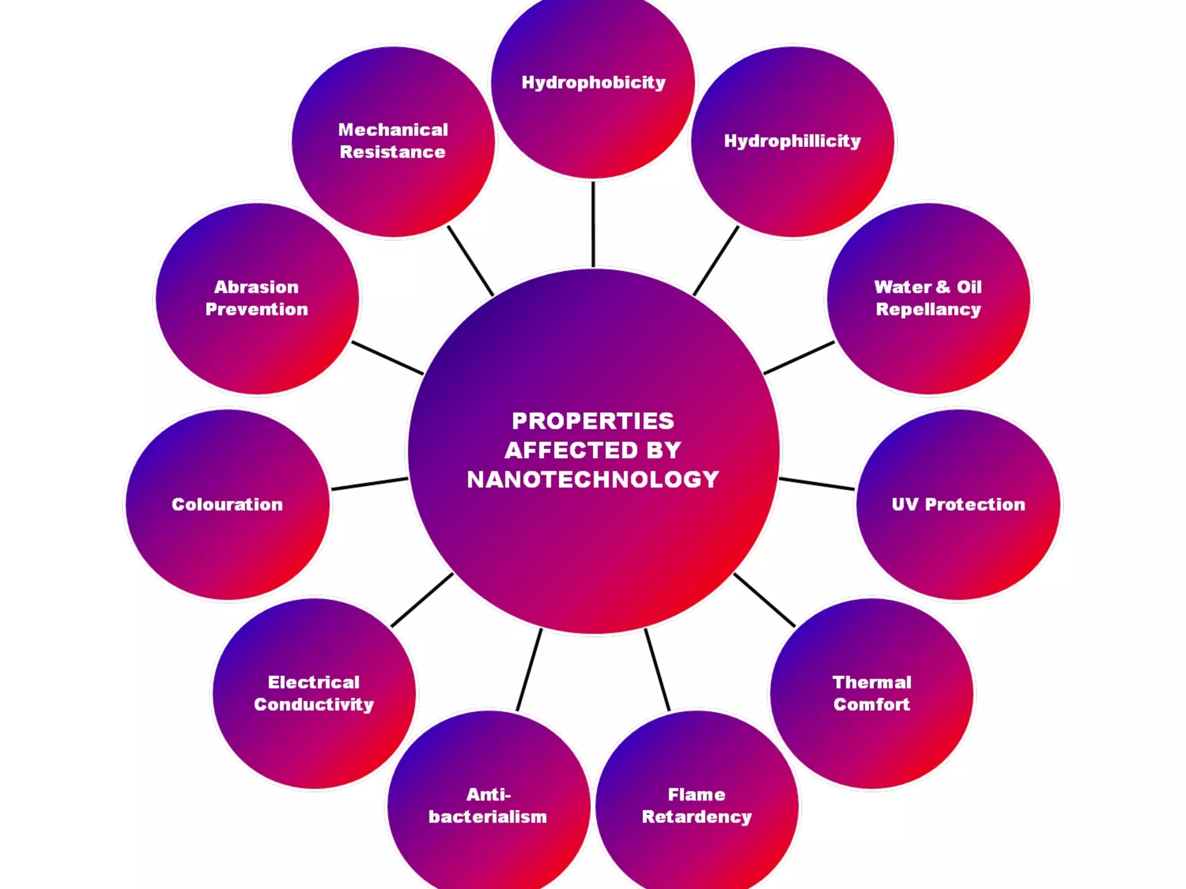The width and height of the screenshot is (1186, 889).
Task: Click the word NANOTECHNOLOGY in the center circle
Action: click(593, 480)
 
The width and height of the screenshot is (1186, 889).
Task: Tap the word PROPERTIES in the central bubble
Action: click(593, 421)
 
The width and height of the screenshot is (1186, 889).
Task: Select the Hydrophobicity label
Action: click(594, 83)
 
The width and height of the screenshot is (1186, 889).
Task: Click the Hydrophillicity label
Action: click(792, 141)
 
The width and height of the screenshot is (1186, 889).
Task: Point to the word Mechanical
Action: click(393, 130)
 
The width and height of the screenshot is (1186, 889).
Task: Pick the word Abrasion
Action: click(257, 287)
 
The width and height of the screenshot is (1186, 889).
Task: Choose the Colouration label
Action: click(227, 505)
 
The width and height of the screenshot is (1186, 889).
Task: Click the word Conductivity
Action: click(314, 704)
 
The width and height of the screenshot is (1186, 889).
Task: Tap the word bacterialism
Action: click(488, 817)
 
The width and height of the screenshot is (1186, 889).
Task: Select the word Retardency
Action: click(697, 817)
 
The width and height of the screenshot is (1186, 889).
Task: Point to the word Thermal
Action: click(872, 682)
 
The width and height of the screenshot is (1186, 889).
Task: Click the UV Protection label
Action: click(958, 505)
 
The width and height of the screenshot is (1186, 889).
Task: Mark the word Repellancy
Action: click(928, 310)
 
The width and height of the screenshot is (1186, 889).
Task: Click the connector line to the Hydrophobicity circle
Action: click(593, 225)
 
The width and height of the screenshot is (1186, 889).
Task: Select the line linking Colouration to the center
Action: click(369, 484)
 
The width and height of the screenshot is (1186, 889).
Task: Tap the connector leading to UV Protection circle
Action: click(817, 484)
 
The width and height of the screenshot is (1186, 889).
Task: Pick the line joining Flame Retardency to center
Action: click(657, 670)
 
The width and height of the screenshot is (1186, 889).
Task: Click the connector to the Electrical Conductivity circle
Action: click(422, 600)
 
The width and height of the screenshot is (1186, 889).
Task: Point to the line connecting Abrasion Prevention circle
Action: click(387, 358)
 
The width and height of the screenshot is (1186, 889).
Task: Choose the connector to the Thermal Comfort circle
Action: click(764, 600)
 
